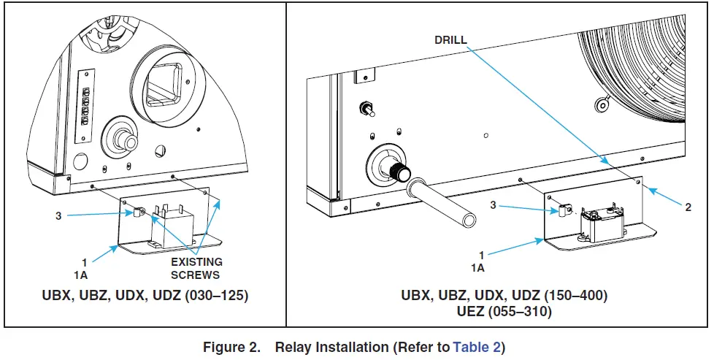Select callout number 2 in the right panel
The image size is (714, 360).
tap(688, 207)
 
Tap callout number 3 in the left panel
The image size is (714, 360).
tap(58, 216)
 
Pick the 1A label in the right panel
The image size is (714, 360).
tap(478, 268)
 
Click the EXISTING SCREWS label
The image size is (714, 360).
tap(196, 268)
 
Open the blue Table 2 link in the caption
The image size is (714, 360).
tap(476, 347)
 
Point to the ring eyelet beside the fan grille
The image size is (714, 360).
tap(603, 104)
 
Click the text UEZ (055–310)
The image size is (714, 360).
tap(504, 312)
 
